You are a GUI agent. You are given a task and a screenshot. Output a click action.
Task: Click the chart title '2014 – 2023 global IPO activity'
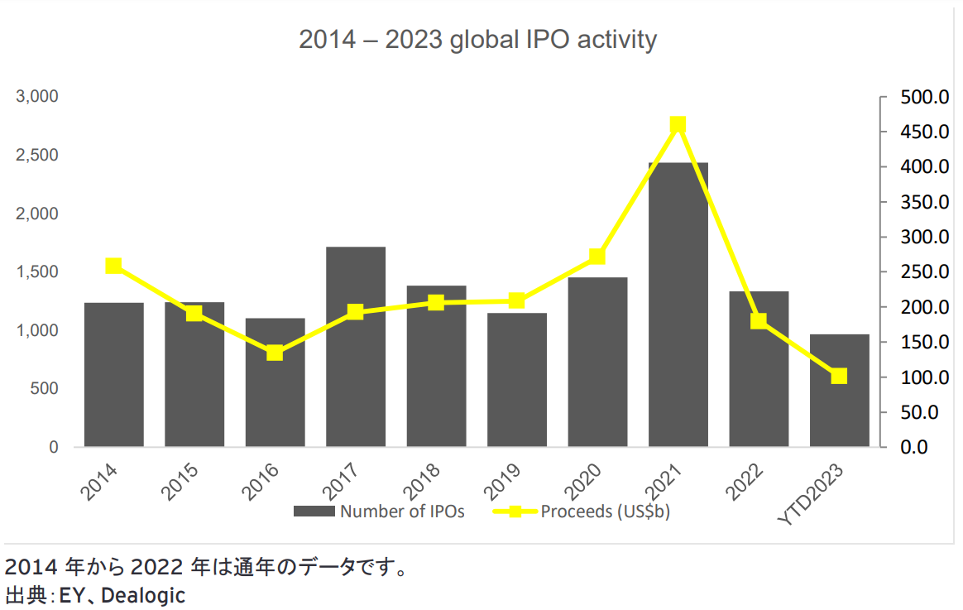click(x=477, y=40)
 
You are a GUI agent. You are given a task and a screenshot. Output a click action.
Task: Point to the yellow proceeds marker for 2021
click(x=678, y=125)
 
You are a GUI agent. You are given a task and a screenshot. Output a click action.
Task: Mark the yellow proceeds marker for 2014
click(x=114, y=266)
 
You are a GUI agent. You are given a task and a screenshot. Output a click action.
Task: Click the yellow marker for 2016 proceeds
click(x=275, y=353)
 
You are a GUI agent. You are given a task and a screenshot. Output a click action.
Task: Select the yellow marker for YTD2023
click(x=839, y=377)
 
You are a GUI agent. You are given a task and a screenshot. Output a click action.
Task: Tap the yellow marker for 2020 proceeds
click(x=597, y=257)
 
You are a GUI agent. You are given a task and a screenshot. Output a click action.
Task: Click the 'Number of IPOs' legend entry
click(x=380, y=512)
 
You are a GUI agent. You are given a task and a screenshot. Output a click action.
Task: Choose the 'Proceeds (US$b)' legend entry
click(x=582, y=512)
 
